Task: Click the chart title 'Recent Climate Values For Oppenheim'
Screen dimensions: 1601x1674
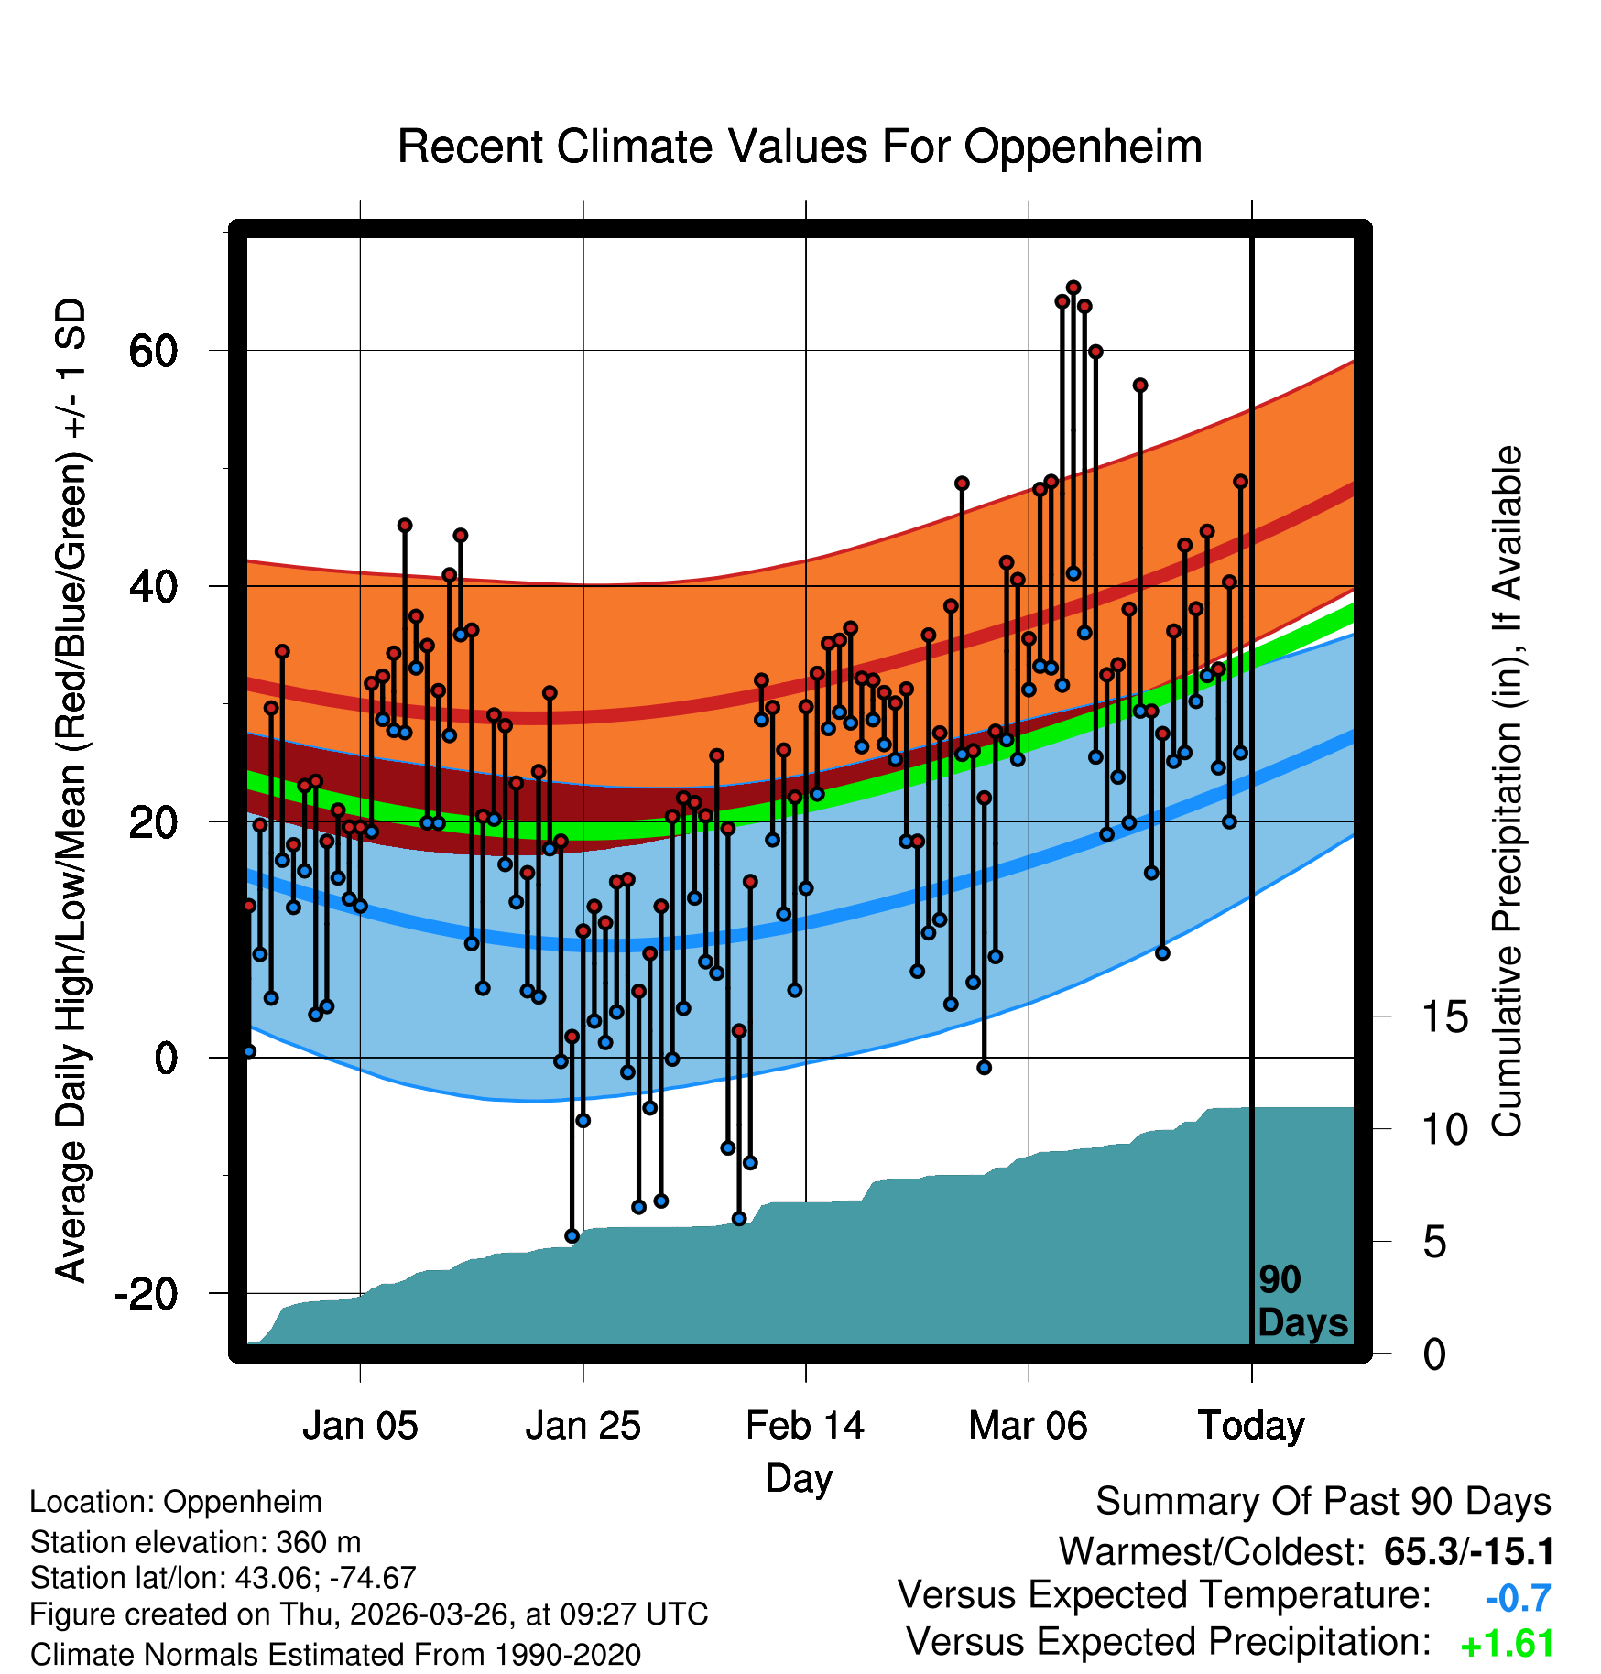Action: click(800, 147)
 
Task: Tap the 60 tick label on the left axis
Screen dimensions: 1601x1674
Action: click(153, 351)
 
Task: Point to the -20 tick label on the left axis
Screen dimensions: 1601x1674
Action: click(146, 1293)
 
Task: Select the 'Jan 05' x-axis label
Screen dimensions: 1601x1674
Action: click(360, 1426)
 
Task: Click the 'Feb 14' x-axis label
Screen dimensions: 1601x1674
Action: click(805, 1426)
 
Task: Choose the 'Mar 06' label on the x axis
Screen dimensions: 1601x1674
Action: click(1028, 1426)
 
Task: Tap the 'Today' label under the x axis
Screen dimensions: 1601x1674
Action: click(1251, 1426)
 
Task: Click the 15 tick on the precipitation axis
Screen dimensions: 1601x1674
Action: click(1444, 1016)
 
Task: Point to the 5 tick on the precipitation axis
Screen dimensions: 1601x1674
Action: click(1434, 1242)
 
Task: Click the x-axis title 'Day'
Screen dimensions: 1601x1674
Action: click(799, 1479)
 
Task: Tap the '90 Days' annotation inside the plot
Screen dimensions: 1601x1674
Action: click(1302, 1301)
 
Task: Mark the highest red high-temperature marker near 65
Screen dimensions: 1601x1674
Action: click(1073, 288)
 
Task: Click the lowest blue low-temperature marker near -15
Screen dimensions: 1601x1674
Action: click(572, 1235)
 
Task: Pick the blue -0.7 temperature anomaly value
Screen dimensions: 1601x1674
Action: click(1518, 1598)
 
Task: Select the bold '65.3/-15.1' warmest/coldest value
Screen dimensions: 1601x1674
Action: click(1469, 1551)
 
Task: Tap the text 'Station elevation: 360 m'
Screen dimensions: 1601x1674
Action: click(196, 1542)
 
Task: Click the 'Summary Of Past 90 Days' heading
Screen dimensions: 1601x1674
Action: click(1323, 1502)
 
